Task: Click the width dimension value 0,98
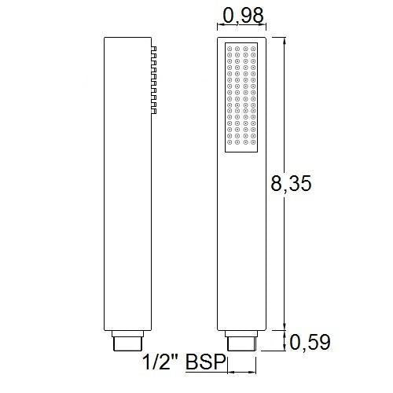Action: pyautogui.click(x=244, y=15)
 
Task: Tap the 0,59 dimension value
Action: pyautogui.click(x=310, y=342)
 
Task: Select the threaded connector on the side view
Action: pyautogui.click(x=128, y=342)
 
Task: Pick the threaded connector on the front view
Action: pyautogui.click(x=241, y=342)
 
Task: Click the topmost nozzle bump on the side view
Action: pyautogui.click(x=155, y=49)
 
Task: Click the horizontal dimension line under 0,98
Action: pyautogui.click(x=242, y=30)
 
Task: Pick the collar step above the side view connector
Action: pyautogui.click(x=128, y=331)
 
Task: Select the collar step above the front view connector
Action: pyautogui.click(x=241, y=331)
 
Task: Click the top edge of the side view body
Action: pyautogui.click(x=128, y=36)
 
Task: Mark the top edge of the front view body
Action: pyautogui.click(x=241, y=36)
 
